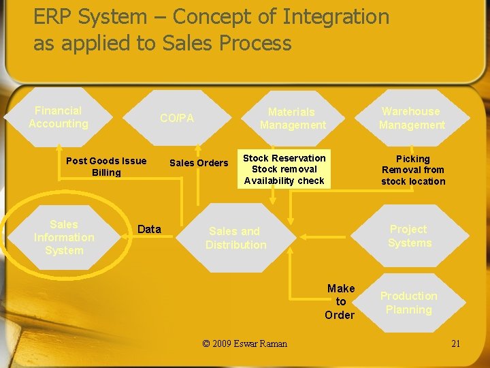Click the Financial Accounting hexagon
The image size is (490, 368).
[59, 117]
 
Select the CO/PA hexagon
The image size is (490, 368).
[177, 118]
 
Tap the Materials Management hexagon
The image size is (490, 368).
[293, 118]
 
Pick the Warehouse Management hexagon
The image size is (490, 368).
[411, 118]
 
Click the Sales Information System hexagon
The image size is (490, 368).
[64, 237]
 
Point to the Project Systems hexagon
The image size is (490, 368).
[409, 236]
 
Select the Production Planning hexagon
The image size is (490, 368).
[408, 303]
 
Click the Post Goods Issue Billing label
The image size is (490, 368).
[106, 166]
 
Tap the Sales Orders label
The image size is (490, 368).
[199, 163]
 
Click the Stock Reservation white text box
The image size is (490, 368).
[284, 169]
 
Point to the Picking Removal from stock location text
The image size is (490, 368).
[413, 170]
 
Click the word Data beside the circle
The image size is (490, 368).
[150, 229]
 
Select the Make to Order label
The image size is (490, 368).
[340, 301]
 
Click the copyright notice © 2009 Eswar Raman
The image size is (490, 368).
[245, 343]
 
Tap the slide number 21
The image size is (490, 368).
[455, 343]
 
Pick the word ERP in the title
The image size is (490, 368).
[52, 16]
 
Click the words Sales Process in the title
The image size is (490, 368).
[227, 43]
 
